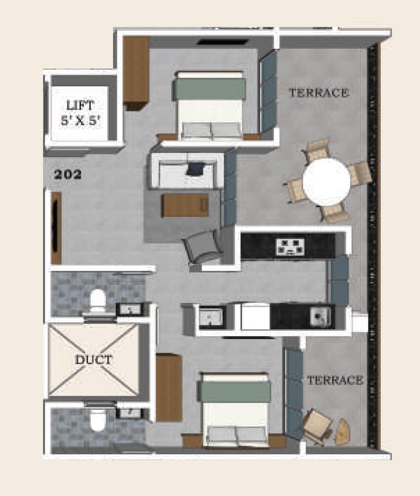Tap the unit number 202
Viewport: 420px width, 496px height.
(68, 175)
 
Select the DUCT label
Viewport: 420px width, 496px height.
(93, 360)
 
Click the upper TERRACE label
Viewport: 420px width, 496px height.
(319, 93)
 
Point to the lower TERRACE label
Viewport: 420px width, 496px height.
(335, 380)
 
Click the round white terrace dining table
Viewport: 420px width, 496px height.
(326, 182)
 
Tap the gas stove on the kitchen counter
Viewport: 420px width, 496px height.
(289, 246)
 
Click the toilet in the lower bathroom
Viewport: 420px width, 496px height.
(98, 420)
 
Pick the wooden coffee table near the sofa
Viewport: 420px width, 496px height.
(185, 205)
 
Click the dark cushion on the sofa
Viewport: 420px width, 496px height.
(195, 168)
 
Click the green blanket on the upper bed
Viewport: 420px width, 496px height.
(209, 89)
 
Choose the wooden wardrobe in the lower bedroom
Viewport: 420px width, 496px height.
(168, 388)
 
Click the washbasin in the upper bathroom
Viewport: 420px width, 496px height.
(127, 310)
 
